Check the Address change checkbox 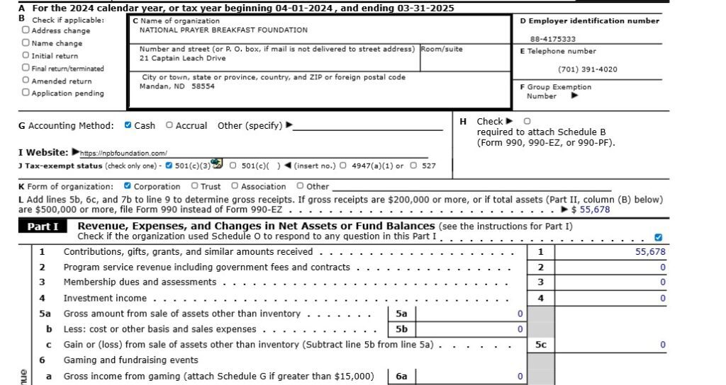point(26,30)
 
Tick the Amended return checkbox point(26,81)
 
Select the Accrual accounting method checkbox point(169,125)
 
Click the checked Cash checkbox point(128,125)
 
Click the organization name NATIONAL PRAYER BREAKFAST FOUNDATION point(223,30)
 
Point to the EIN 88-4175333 point(553,39)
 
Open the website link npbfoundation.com point(124,153)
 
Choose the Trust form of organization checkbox point(194,186)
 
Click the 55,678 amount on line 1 point(650,252)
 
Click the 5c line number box point(540,345)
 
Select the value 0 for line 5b point(520,329)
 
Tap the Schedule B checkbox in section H point(527,121)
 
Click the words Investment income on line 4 point(105,299)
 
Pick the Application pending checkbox point(26,93)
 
